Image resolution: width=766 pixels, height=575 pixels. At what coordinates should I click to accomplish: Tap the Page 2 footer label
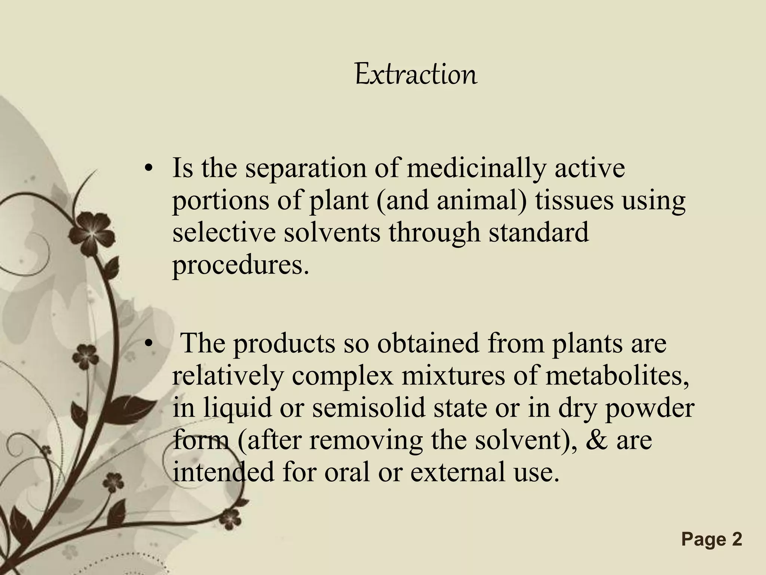[x=711, y=539]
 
